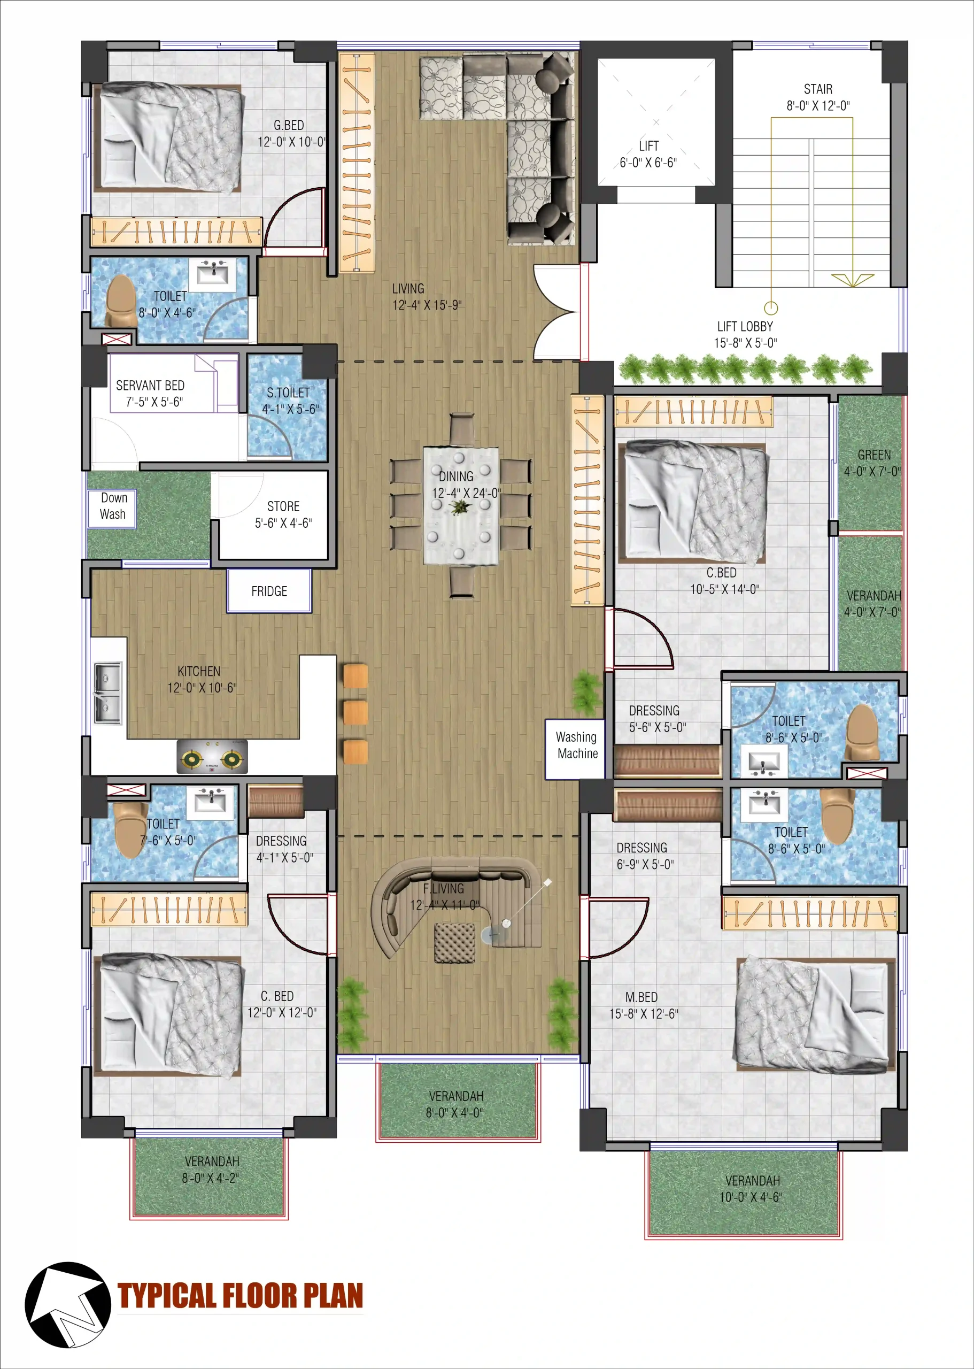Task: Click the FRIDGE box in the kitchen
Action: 269,591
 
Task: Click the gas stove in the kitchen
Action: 212,757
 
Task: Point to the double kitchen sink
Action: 108,693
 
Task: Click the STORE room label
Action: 283,506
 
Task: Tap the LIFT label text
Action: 649,146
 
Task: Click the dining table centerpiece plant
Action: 460,507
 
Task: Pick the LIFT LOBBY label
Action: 745,326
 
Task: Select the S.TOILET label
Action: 289,393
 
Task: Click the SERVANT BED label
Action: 150,385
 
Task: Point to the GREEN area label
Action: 874,455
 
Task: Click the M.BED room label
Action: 641,997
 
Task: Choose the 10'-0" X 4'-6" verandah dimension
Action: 751,1197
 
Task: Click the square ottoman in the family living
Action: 454,943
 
